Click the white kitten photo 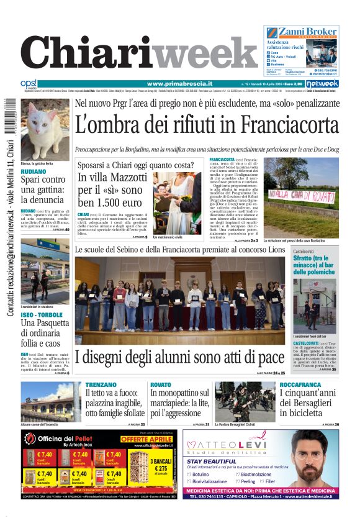tap(45, 130)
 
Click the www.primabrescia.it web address tap(179, 84)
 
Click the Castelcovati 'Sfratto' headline tap(314, 265)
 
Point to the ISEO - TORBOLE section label tap(41, 315)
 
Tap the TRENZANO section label tap(101, 385)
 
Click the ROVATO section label tap(161, 385)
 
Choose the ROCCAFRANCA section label tap(300, 385)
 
